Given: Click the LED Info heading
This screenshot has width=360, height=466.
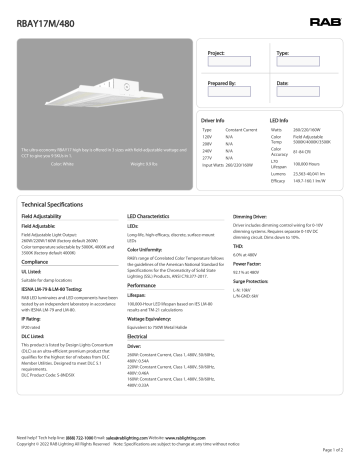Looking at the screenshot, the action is pyautogui.click(x=283, y=119).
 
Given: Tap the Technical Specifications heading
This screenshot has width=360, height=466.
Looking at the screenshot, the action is pyautogui.click(x=61, y=203).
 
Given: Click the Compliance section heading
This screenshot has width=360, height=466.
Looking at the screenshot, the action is pyautogui.click(x=37, y=263).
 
